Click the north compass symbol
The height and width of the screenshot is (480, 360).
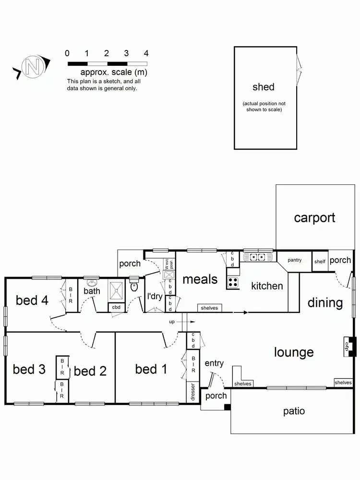pos(33,66)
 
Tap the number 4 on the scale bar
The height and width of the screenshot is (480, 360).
pos(146,53)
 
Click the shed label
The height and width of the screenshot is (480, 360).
pos(264,87)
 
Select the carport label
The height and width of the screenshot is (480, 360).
pos(314,218)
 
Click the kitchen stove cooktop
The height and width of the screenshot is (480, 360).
pos(233,283)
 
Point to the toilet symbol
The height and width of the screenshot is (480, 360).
pos(134,286)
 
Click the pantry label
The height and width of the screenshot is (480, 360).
pos(294,260)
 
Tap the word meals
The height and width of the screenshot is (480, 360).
pos(200,279)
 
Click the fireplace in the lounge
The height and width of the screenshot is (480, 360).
pos(349,347)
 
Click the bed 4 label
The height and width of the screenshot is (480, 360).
pos(32,300)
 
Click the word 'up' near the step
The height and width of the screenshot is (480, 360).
pos(172,322)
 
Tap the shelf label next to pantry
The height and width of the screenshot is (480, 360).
pos(320,262)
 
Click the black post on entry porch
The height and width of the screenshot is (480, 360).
pos(228,408)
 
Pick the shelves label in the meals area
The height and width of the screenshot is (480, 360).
pos(209,308)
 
